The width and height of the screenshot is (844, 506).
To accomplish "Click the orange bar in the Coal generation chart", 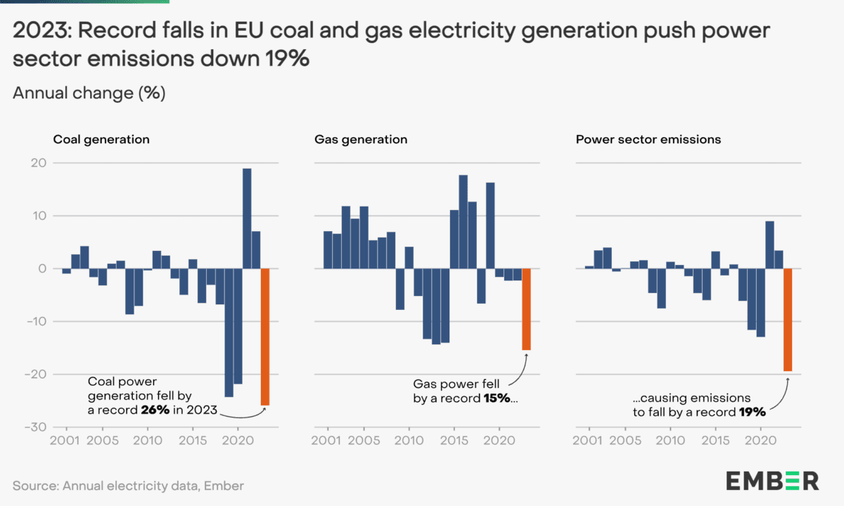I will point(265,337).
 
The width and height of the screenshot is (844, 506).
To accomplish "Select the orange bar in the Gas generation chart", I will point(526,309).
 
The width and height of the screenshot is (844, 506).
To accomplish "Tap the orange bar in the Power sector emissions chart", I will point(788,320).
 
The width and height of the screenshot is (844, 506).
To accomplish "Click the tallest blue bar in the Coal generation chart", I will point(247,219).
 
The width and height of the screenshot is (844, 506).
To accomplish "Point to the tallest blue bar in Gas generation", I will point(463,221).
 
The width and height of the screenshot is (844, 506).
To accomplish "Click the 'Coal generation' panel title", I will point(101,139).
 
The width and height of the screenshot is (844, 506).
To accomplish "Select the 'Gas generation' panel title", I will point(361,139).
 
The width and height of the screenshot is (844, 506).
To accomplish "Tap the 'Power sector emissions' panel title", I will point(648,139).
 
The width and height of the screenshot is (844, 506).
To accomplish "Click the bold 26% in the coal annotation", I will point(154,410).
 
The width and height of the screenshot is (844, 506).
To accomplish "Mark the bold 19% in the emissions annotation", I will point(752,412).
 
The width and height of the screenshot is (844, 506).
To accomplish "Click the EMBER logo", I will point(772,481).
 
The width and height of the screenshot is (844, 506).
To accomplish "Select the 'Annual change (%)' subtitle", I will point(89,93).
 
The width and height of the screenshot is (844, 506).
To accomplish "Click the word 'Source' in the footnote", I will point(34,485).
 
